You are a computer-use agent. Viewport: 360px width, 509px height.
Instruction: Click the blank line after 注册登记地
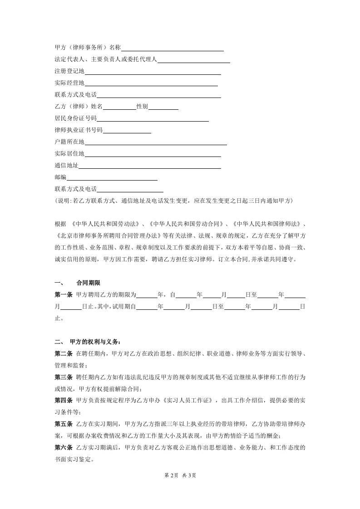tap(153, 72)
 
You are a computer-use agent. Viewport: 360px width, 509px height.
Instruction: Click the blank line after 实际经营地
tap(151, 83)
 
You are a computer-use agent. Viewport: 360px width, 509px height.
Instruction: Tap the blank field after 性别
tap(163, 107)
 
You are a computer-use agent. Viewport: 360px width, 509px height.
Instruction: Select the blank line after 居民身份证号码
tap(153, 119)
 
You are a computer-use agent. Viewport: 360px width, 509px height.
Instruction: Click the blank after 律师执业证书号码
tap(127, 131)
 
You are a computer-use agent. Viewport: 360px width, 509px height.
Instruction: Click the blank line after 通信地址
tap(149, 166)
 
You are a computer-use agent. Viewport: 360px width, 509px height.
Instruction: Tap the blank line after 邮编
tap(112, 178)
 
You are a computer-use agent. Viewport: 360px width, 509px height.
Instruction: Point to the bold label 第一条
tap(63, 295)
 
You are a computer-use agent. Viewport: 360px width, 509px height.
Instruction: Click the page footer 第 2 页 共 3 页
tap(180, 475)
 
